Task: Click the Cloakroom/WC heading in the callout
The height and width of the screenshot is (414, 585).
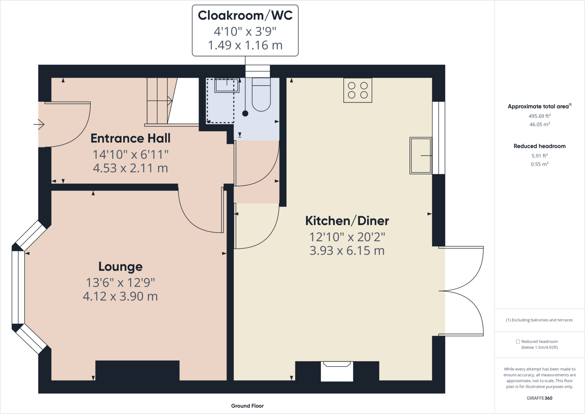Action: tap(245, 15)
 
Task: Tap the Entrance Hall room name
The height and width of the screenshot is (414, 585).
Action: tap(131, 138)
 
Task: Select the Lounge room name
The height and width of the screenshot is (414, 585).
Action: tap(121, 267)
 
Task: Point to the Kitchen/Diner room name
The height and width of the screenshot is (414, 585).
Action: tap(347, 221)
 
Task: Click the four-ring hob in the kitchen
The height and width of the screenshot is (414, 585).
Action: tap(358, 90)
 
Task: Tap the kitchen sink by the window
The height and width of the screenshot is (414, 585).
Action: tap(420, 156)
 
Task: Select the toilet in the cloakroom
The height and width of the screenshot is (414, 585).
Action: tap(261, 94)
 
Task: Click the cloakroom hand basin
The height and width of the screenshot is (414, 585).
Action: tap(227, 85)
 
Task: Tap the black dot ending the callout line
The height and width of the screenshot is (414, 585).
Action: tap(245, 113)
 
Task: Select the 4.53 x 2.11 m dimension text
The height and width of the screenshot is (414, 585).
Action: tap(131, 168)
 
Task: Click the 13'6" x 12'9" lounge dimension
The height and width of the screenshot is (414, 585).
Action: tap(121, 283)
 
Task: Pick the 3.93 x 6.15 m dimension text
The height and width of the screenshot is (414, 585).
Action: tap(347, 251)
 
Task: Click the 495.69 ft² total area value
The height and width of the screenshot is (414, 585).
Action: tap(540, 116)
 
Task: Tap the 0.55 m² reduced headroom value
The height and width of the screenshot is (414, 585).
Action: tap(540, 164)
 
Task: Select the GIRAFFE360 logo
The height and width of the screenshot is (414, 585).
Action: tap(540, 398)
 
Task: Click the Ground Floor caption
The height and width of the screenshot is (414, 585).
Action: tap(247, 406)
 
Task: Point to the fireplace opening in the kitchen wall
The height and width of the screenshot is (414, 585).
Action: tap(337, 371)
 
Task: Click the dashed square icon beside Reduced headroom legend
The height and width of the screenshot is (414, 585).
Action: tap(518, 341)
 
